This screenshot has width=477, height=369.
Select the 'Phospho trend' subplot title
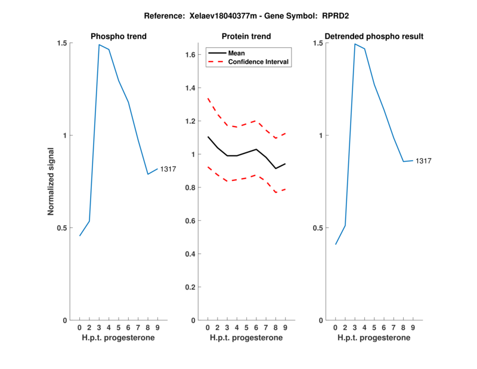tap(119, 36)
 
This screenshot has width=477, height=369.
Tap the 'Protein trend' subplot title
tap(246, 36)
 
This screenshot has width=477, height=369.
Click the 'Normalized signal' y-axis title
tap(51, 182)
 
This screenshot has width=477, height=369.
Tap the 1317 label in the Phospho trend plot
tap(169, 170)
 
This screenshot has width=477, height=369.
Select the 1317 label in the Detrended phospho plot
tap(423, 161)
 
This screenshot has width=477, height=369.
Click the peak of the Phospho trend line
tap(99, 45)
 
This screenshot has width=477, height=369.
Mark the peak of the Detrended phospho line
tap(355, 44)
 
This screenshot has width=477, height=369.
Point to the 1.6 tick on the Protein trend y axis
tap(191, 55)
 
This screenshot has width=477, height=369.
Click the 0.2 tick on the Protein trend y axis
tap(191, 287)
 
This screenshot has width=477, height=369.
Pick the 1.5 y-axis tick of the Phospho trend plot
tap(63, 43)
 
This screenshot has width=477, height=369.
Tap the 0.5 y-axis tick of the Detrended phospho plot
tap(318, 228)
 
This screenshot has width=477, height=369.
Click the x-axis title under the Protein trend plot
tap(246, 338)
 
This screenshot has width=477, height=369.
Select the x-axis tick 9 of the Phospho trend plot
tap(157, 328)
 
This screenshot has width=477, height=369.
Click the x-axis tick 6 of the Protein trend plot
tap(256, 328)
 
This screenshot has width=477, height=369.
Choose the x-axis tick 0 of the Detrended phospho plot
tap(335, 328)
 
